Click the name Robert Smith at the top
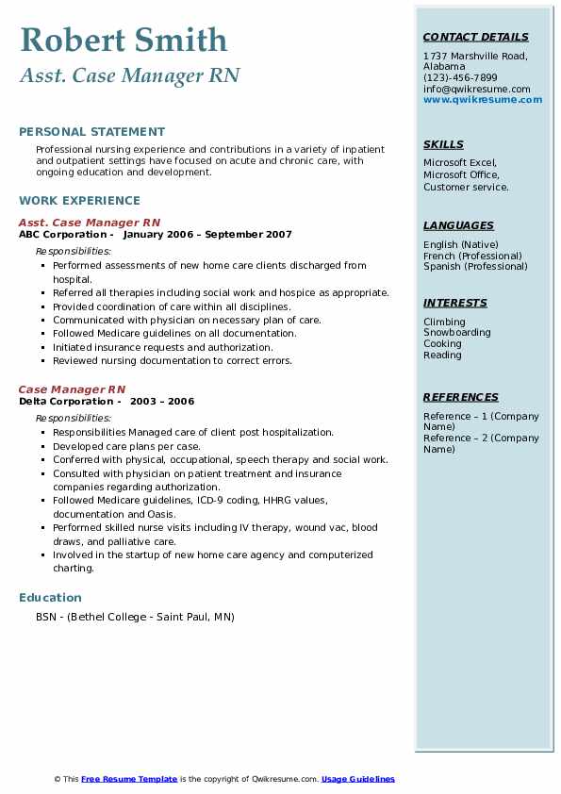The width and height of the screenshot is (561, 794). pos(124,41)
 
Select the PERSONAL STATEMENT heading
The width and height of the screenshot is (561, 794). pos(91,132)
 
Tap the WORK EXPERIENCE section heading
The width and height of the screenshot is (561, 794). pos(79,200)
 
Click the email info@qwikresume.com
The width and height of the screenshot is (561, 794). pos(476,89)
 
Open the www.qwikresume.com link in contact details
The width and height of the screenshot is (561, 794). pos(483,99)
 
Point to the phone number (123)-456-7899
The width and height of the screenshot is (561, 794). pos(460,77)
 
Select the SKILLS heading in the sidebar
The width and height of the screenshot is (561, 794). pos(443,144)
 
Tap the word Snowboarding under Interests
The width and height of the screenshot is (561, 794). pos(456,333)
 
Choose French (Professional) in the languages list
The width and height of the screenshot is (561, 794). pos(472,256)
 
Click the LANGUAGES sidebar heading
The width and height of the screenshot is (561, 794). pos(458,225)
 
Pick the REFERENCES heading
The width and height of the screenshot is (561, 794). pos(460,397)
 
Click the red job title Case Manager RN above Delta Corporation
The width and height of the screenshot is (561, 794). pos(72,389)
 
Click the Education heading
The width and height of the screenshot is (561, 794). pos(50,597)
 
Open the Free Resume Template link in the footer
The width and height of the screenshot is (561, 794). pos(129,779)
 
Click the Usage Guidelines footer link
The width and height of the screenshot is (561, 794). pos(358,779)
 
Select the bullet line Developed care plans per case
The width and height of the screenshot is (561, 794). pos(126,446)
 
